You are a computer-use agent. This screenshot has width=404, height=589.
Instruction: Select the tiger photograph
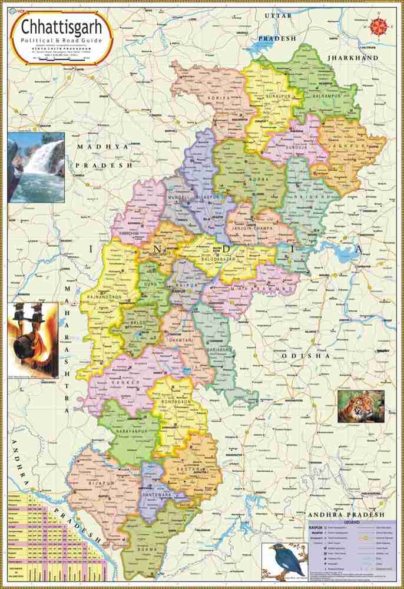[361, 406]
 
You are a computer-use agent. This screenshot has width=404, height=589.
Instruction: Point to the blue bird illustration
[284, 560]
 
